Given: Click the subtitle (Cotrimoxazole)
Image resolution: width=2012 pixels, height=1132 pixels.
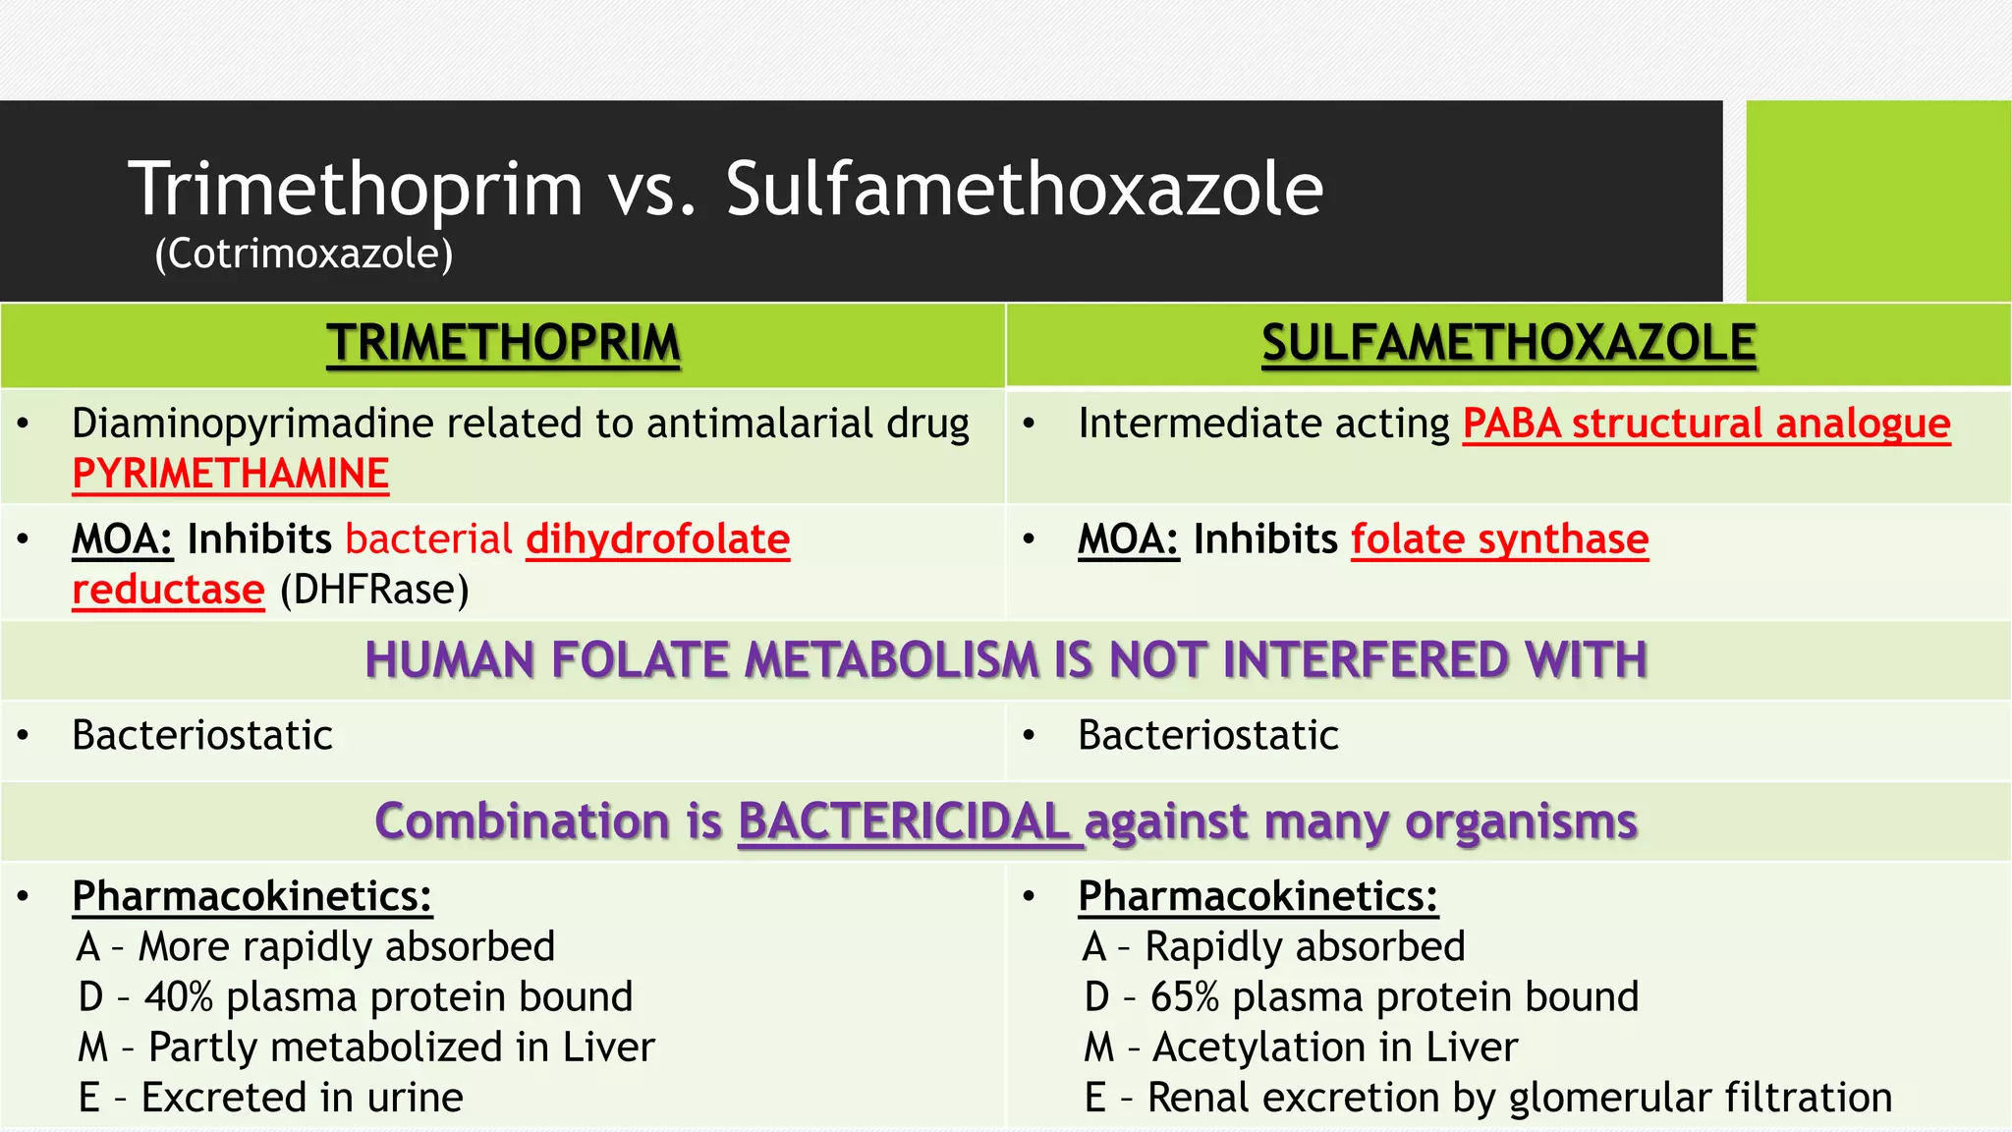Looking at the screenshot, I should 304,254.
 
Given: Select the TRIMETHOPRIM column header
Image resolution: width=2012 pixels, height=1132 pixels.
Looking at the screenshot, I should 503,344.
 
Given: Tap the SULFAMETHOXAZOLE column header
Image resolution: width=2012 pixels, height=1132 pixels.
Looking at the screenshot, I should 1508,344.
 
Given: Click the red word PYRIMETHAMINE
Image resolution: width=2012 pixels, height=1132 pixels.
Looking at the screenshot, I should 231,474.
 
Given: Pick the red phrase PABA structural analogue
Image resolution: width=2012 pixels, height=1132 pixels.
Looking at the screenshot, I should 1705,424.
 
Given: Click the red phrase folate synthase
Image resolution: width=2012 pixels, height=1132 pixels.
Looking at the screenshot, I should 1499,538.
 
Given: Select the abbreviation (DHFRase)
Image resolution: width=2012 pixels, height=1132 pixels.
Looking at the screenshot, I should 374,590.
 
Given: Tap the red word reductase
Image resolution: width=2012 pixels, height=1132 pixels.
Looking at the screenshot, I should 168,590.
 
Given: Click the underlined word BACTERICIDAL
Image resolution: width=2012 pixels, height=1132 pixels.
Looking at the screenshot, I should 904,821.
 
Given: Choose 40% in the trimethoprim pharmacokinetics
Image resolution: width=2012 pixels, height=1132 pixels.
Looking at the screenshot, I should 179,996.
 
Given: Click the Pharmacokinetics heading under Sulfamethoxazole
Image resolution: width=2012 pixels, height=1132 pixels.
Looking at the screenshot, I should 1257,896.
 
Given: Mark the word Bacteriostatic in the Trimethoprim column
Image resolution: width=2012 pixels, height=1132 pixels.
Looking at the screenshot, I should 202,735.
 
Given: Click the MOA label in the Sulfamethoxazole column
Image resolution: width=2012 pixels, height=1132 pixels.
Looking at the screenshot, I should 1128,538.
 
